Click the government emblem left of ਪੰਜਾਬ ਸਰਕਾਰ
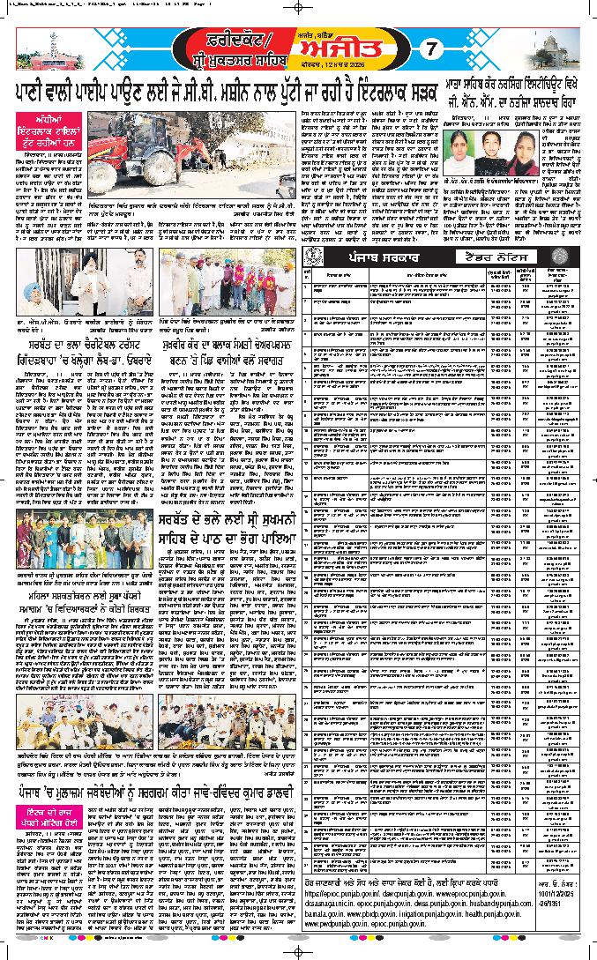coord(313,257)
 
